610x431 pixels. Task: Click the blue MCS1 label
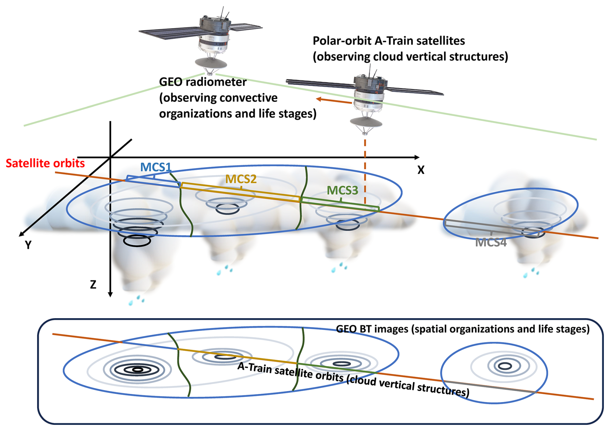155,167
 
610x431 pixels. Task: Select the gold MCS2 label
241,179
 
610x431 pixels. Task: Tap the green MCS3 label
342,191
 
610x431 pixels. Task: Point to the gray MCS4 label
491,242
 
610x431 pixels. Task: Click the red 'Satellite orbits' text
45,163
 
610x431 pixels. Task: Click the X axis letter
421,170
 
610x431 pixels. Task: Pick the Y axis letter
28,245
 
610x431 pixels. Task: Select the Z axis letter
93,285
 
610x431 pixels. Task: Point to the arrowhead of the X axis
417,157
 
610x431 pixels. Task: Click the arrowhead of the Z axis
110,294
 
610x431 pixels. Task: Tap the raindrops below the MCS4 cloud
531,273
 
